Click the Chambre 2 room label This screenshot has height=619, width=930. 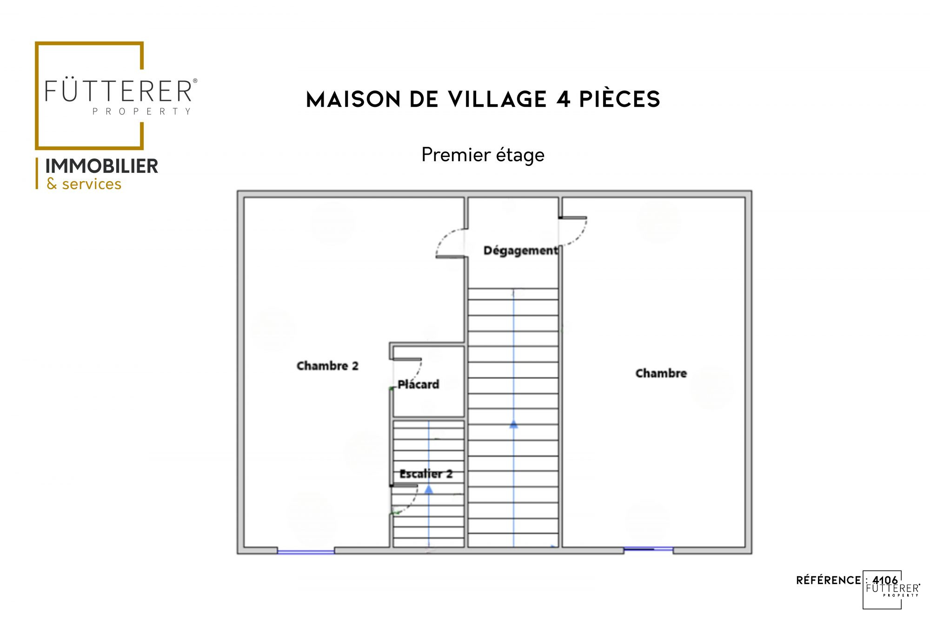point(327,366)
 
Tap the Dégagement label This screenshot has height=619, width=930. point(521,250)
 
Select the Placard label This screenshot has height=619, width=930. point(418,384)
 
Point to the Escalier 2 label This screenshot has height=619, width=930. point(426,474)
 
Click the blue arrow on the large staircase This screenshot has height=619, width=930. point(513,424)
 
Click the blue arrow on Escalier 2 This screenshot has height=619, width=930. point(429,489)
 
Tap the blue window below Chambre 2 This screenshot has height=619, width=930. point(306,552)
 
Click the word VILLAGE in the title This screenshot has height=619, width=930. point(498,99)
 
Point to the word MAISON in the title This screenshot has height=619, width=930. point(353,99)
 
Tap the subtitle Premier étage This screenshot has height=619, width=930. point(483,155)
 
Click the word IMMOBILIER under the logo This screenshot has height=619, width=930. point(102,166)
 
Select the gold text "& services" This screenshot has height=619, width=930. point(84,184)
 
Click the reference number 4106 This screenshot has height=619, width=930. point(885,580)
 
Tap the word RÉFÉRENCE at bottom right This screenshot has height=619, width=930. point(829,580)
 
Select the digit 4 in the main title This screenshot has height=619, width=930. point(563,99)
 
